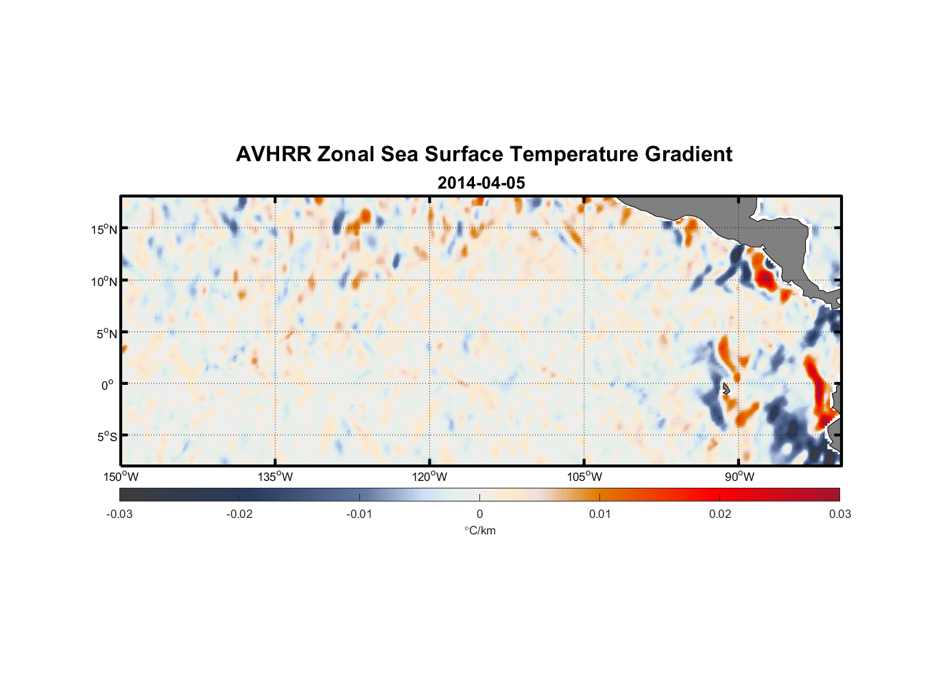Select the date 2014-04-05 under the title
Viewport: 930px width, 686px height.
pos(481,183)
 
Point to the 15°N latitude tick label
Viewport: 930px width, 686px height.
pos(104,229)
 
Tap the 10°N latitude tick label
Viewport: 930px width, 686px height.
pos(104,281)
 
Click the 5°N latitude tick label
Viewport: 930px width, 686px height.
pos(106,333)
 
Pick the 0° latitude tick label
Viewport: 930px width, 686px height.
pos(108,385)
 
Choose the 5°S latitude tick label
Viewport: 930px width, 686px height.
pos(106,437)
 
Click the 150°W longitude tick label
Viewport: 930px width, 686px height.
pos(121,477)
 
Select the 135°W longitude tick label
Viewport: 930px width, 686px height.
pos(275,477)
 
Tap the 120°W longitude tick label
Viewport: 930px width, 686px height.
pos(429,477)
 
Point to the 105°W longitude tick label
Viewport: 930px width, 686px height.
pos(584,477)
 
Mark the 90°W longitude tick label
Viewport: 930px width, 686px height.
pos(739,477)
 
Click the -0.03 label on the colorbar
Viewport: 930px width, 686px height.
pos(119,514)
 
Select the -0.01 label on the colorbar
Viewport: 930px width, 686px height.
pos(359,514)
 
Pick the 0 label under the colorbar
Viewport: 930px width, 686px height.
pos(479,514)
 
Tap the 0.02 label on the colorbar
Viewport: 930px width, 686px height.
pos(720,514)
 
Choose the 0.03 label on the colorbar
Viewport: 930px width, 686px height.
pos(839,514)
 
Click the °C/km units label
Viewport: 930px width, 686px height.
pos(479,530)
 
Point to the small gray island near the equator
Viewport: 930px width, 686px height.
pos(726,388)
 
